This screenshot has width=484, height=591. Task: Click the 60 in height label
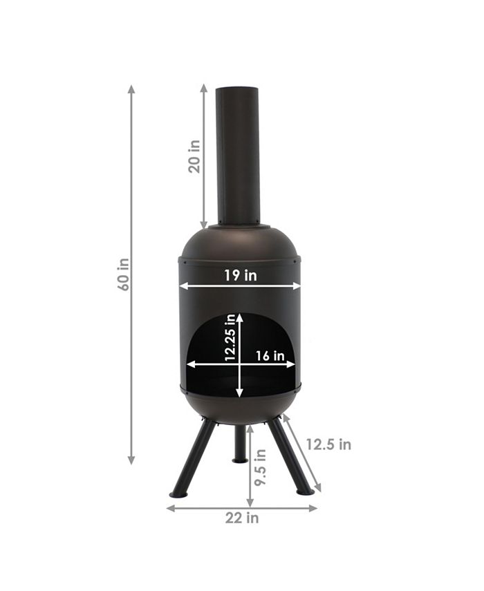click(124, 274)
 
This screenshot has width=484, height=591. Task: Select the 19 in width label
click(240, 275)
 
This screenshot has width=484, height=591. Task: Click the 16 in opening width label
click(270, 356)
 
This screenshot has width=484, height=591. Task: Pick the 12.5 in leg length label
click(328, 444)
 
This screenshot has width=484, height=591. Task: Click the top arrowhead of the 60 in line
click(131, 89)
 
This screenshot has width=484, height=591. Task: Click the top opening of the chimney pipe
click(238, 89)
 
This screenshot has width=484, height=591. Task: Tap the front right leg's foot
click(304, 491)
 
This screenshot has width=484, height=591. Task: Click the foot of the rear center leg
click(240, 460)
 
